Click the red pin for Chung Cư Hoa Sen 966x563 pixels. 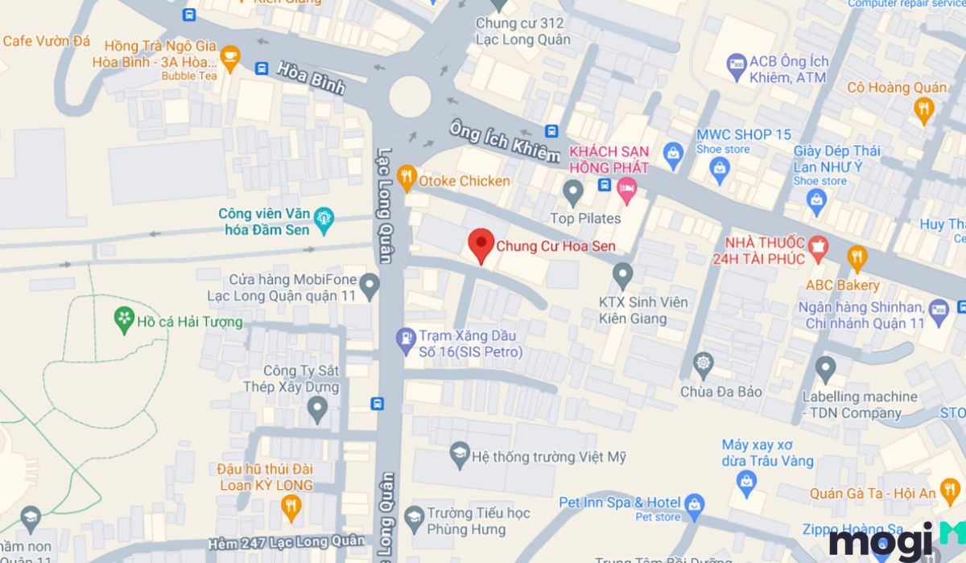[x=481, y=244]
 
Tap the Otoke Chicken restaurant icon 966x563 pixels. [x=407, y=177]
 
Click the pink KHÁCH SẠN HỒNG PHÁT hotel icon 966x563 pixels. [x=626, y=190]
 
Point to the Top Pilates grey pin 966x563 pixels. [x=573, y=191]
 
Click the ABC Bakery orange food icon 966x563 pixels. [x=858, y=257]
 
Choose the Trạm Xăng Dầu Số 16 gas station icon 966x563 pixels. [x=405, y=339]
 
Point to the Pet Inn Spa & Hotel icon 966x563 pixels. [x=694, y=504]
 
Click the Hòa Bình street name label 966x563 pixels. [x=310, y=78]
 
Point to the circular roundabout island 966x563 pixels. [x=410, y=96]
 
